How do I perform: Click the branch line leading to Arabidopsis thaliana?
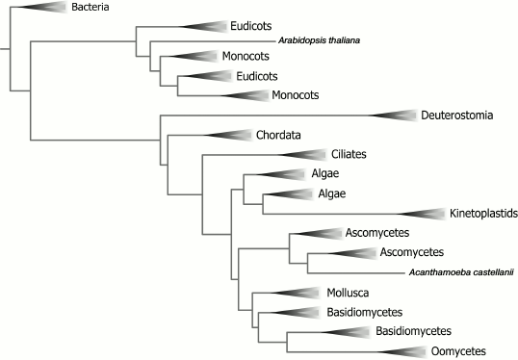(212, 41)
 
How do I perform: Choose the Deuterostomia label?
(457, 116)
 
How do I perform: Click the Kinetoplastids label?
(484, 213)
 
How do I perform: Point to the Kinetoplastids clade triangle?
(423, 213)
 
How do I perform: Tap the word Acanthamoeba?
(436, 272)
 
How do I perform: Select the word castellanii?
(490, 272)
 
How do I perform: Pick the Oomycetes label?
(458, 351)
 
